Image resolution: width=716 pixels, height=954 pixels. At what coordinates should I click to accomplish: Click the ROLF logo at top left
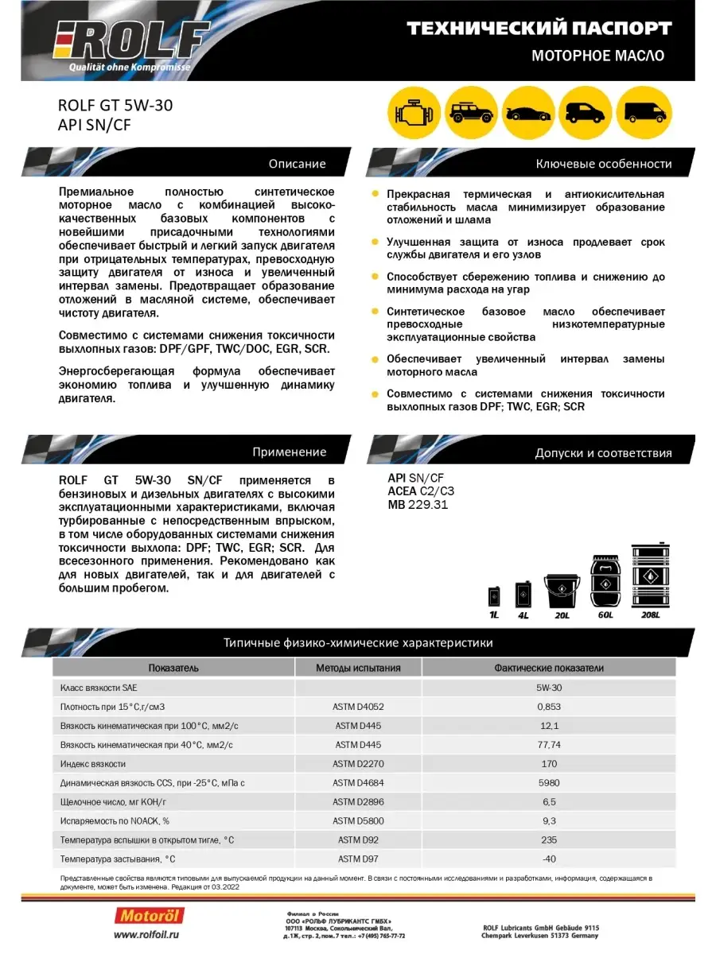[131, 40]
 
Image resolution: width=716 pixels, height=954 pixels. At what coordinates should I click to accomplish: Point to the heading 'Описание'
[297, 164]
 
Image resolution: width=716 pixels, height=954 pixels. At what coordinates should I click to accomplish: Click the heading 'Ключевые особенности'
[604, 164]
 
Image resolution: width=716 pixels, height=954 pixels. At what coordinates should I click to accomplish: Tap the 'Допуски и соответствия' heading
[603, 453]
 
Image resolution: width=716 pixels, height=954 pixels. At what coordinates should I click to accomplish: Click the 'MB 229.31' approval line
[418, 504]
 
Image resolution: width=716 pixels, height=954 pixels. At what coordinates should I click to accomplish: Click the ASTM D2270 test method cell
[358, 763]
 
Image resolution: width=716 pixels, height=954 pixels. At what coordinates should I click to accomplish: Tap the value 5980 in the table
[548, 782]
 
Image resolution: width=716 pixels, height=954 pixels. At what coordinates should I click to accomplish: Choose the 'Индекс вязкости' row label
[93, 763]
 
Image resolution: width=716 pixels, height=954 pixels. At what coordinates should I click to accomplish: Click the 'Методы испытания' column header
[358, 668]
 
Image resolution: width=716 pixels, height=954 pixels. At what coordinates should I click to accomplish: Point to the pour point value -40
[548, 859]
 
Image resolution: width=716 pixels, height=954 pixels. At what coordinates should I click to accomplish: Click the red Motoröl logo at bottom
[152, 916]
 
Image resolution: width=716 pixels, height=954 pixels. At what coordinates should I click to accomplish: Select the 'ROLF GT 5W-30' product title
[115, 104]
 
